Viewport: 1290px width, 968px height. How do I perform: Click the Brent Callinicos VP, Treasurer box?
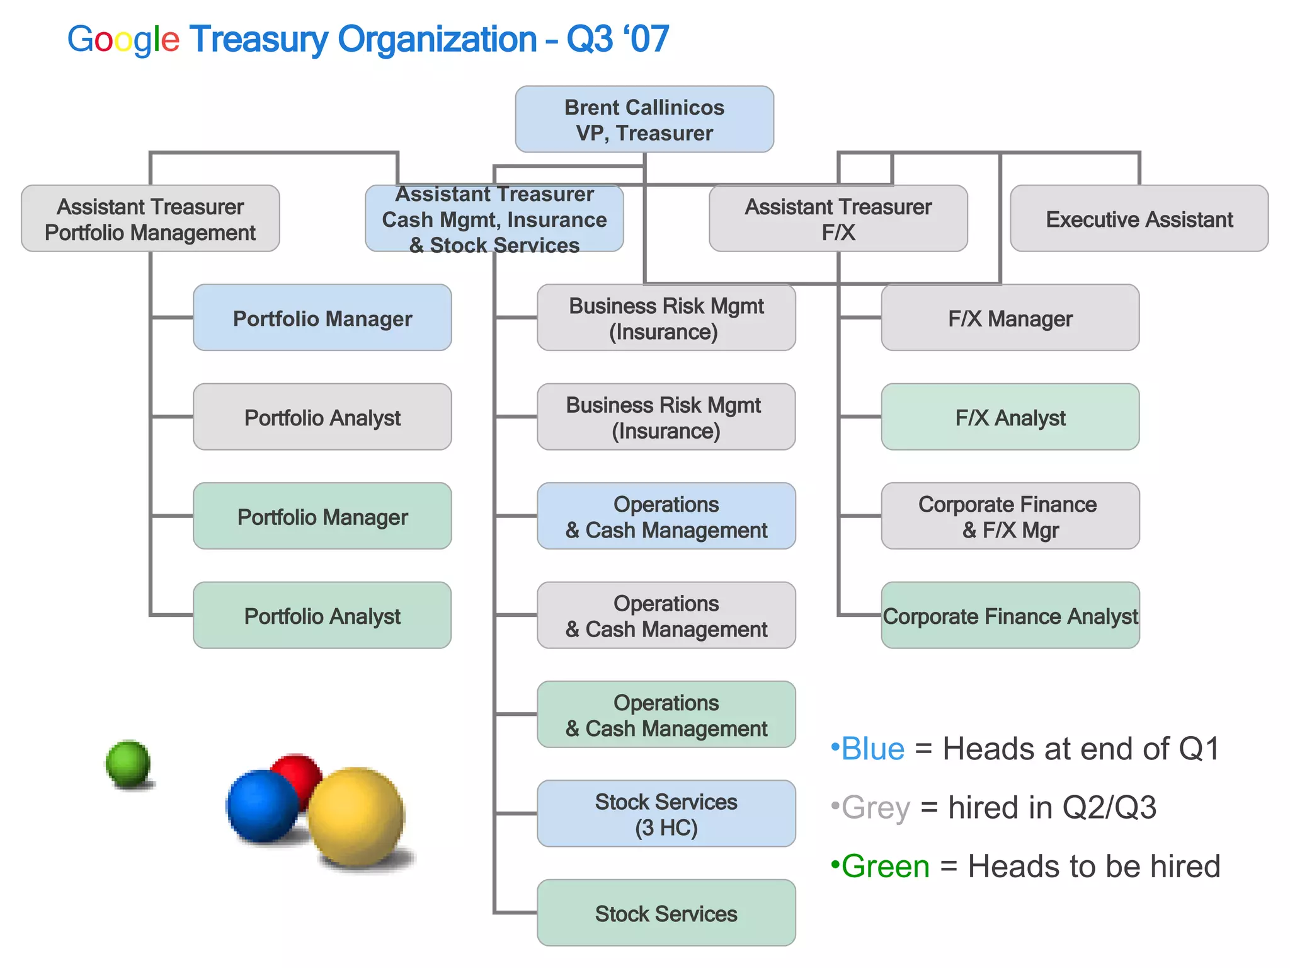click(x=644, y=119)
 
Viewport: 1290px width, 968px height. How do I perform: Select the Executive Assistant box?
click(x=1139, y=219)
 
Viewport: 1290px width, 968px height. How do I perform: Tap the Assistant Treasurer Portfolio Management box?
click(x=150, y=219)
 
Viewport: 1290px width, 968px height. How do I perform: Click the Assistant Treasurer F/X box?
click(x=838, y=219)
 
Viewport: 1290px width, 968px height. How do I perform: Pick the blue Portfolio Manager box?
click(x=322, y=318)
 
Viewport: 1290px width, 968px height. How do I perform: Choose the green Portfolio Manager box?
click(x=322, y=516)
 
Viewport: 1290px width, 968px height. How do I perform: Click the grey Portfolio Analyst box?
click(x=322, y=417)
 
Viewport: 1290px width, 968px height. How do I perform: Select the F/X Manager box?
click(x=1010, y=318)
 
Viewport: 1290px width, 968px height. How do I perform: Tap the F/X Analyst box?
click(x=1010, y=417)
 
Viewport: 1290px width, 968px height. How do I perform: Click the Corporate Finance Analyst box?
click(x=1010, y=615)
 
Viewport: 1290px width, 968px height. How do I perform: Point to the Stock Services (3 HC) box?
click(x=666, y=814)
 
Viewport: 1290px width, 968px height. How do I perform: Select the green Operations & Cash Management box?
click(x=666, y=715)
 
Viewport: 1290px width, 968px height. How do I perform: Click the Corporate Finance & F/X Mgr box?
click(x=1010, y=516)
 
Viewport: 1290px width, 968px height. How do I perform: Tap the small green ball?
click(x=128, y=763)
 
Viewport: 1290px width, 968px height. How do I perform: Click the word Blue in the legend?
click(x=872, y=749)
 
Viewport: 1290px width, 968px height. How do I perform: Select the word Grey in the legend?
click(x=876, y=807)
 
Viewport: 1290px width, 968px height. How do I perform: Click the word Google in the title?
click(x=123, y=39)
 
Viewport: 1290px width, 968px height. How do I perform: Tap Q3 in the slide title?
click(x=589, y=39)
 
